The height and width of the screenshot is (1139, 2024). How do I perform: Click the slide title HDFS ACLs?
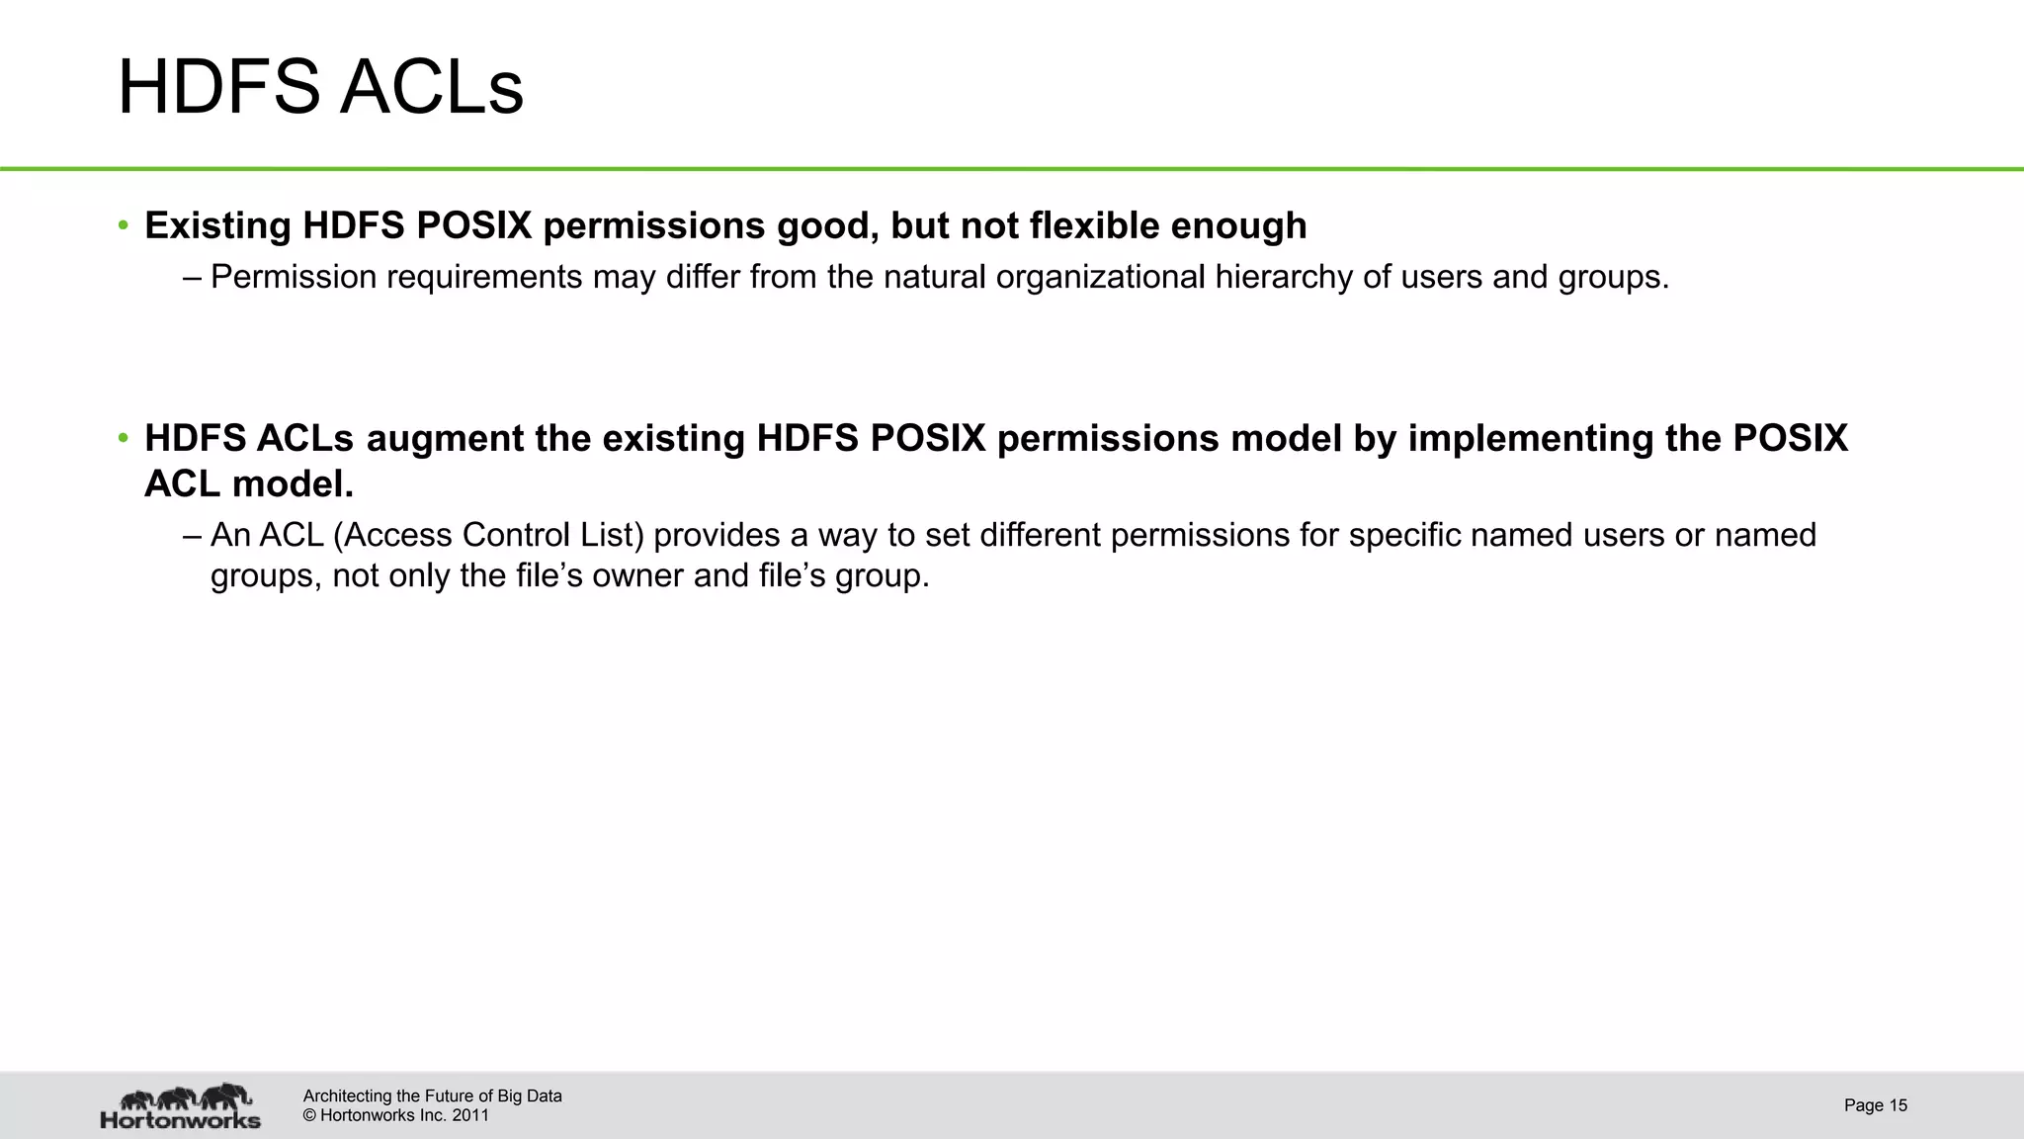click(320, 87)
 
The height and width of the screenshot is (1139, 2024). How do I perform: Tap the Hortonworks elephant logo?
click(181, 1105)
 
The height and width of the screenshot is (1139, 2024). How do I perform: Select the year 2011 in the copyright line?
click(470, 1116)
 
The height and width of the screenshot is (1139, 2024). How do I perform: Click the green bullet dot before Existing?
click(124, 225)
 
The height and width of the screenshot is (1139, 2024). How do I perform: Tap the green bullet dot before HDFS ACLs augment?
click(124, 438)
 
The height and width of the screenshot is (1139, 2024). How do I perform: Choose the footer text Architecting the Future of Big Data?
click(432, 1095)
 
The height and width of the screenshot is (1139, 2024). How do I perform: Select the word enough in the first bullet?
click(1238, 225)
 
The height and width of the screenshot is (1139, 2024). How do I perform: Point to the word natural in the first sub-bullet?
click(935, 278)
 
